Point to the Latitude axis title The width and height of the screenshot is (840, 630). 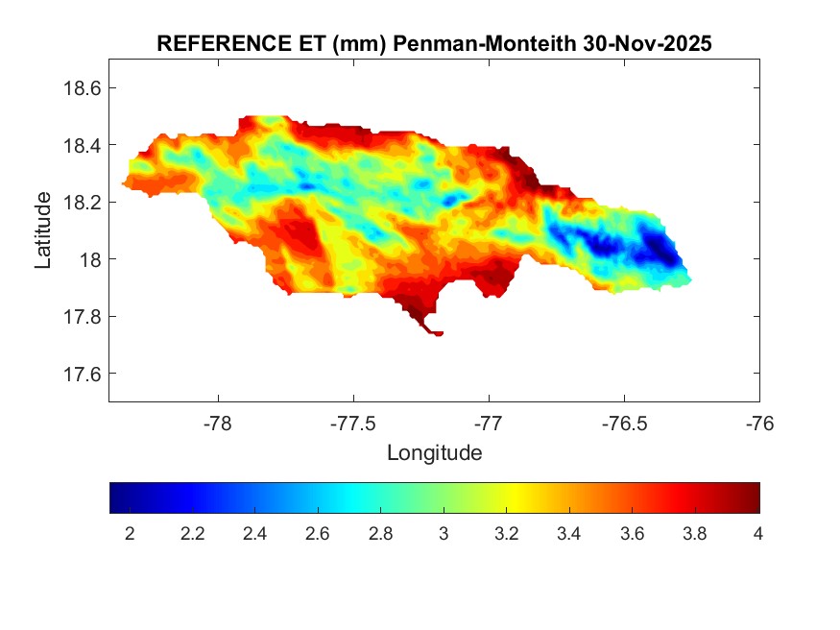43,230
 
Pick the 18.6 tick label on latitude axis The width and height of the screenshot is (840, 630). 83,87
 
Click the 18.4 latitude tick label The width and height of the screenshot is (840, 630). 83,145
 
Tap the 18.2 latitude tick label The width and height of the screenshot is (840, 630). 83,202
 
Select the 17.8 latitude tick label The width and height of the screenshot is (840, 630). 83,316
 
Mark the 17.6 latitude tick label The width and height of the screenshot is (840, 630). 83,374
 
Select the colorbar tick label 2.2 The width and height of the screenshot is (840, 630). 192,534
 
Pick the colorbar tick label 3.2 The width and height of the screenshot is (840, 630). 506,534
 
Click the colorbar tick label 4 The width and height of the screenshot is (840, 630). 757,534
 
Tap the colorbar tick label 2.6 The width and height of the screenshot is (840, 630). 318,534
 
